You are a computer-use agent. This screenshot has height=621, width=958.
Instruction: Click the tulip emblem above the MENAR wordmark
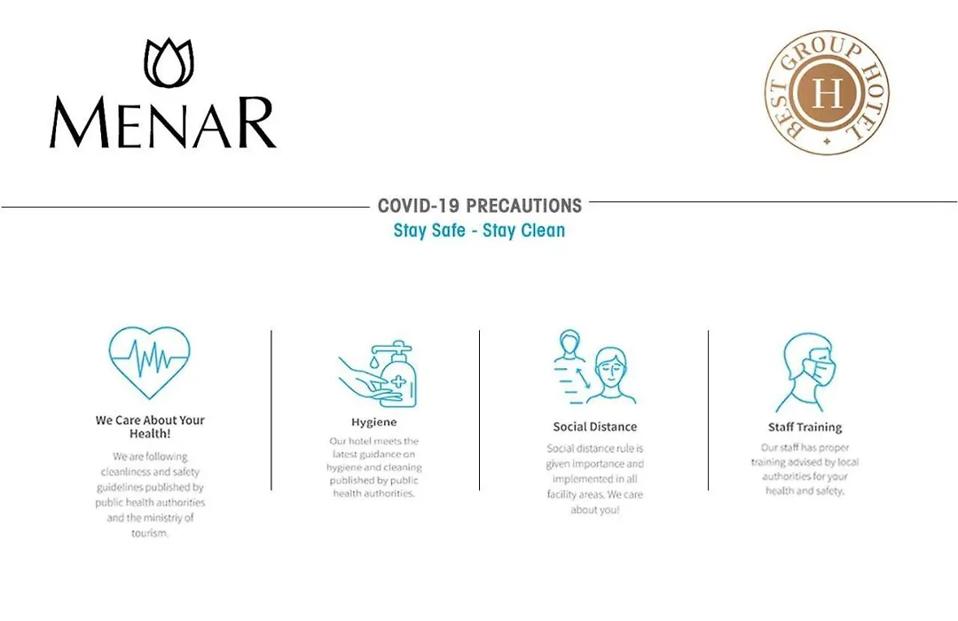coord(169,62)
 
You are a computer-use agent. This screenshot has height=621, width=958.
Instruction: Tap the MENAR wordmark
coord(162,122)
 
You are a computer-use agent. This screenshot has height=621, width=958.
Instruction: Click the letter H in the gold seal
coord(827,93)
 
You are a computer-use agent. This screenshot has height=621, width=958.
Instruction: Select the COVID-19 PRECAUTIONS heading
coord(480,205)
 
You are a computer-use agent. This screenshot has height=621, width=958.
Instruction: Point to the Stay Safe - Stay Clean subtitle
coord(480,231)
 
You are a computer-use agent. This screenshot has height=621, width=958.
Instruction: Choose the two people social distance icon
coord(594,367)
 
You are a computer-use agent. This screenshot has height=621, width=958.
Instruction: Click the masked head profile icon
coord(805,373)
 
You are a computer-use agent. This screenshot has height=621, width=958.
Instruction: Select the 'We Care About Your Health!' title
coord(150,427)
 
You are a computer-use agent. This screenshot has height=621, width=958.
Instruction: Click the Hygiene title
coord(374,421)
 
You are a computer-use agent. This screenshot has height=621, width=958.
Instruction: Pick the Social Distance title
coord(595,427)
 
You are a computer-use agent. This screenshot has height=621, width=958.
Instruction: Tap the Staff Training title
coord(805,428)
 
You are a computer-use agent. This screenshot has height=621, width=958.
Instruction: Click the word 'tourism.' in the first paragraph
coord(150,533)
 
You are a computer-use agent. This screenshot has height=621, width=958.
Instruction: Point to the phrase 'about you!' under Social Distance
coord(595,509)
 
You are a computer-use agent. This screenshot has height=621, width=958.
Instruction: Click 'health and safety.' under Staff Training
coord(805,491)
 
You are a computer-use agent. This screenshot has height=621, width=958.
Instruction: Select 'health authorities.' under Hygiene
coord(374,493)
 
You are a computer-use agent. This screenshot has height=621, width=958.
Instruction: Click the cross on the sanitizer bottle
coord(397,383)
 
